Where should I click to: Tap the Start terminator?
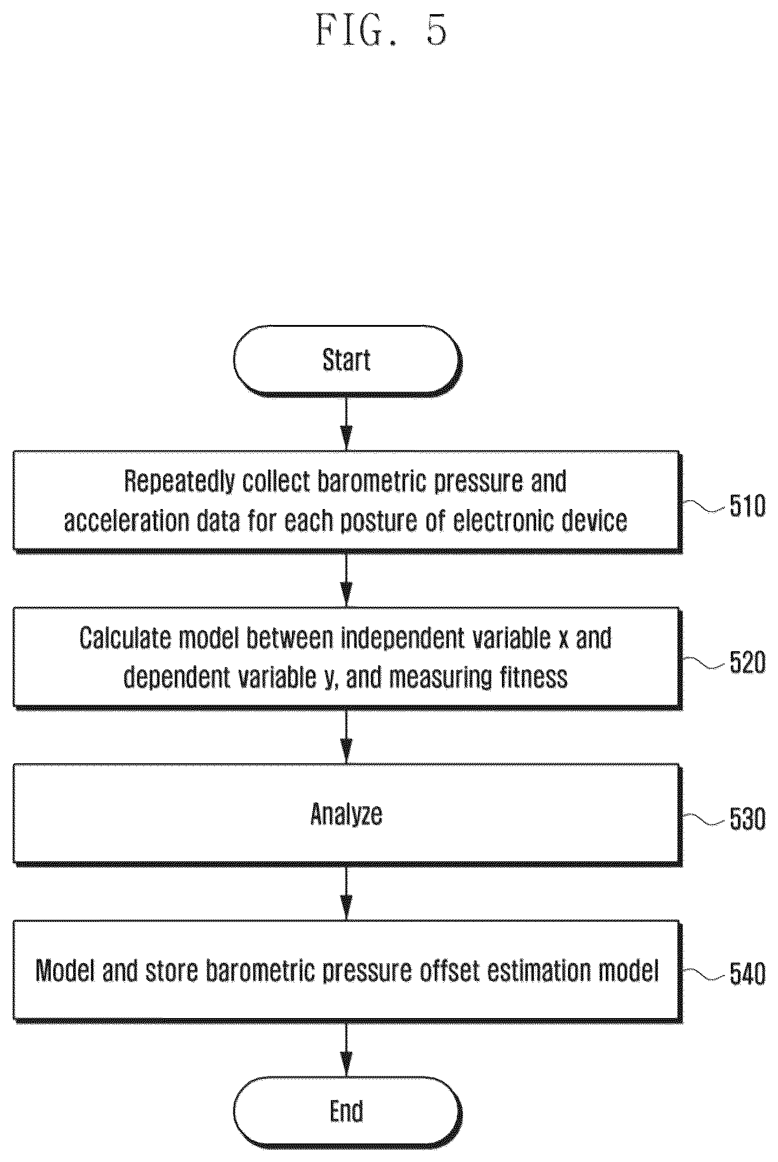[347, 360]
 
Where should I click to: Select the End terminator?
[347, 1111]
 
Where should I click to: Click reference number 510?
[747, 506]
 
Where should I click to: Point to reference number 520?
[747, 662]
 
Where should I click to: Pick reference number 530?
[747, 819]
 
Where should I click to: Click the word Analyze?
[346, 815]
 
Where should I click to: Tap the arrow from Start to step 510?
[347, 424]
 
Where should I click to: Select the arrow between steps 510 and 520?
[347, 580]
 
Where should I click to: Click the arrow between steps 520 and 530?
[347, 737]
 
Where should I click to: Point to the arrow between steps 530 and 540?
[347, 893]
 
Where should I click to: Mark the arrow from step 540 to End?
[347, 1049]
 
